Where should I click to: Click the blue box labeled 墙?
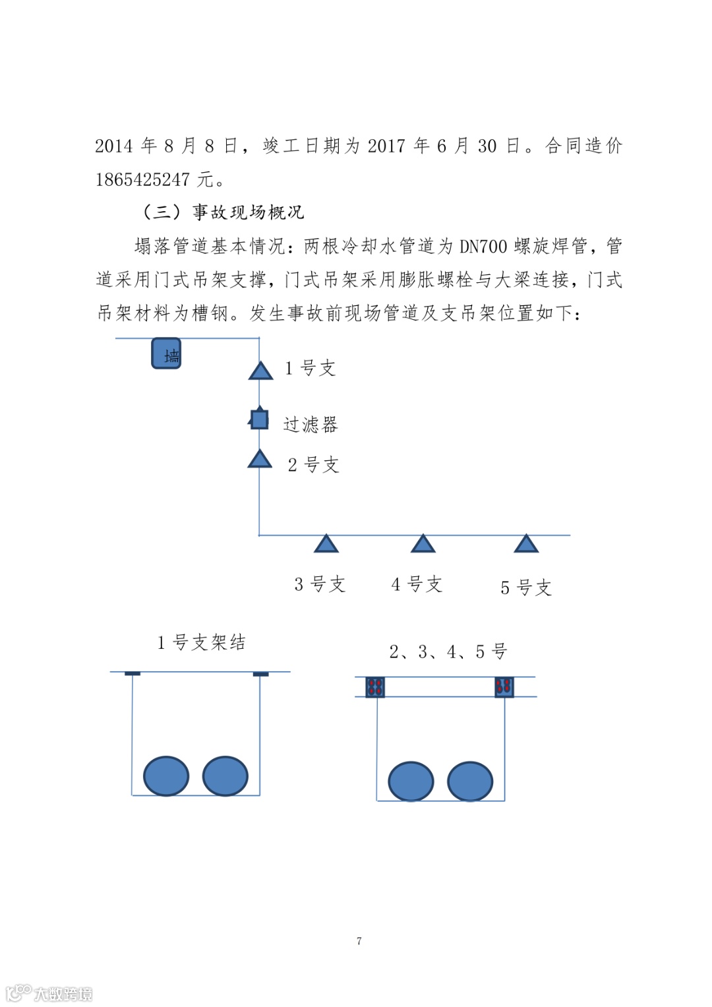tap(166, 353)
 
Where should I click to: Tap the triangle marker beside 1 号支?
tap(261, 371)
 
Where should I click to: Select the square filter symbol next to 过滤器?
tap(260, 419)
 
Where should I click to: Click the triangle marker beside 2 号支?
tap(260, 460)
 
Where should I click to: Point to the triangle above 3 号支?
tap(326, 544)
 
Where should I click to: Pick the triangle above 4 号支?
tap(423, 544)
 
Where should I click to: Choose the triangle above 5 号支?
tap(526, 544)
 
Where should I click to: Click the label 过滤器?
tap(311, 425)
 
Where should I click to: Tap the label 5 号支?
tap(525, 588)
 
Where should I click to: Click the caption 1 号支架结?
tap(201, 642)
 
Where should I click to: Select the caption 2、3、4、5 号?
tap(448, 652)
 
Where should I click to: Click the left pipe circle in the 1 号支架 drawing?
tap(166, 776)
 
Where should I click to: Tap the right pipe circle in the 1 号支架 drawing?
tap(225, 776)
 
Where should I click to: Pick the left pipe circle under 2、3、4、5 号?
tap(411, 781)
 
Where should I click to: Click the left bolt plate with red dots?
tap(375, 687)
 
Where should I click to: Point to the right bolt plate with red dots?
tap(504, 687)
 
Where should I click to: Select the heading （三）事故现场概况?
tap(223, 212)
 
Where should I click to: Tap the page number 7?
tap(359, 941)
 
